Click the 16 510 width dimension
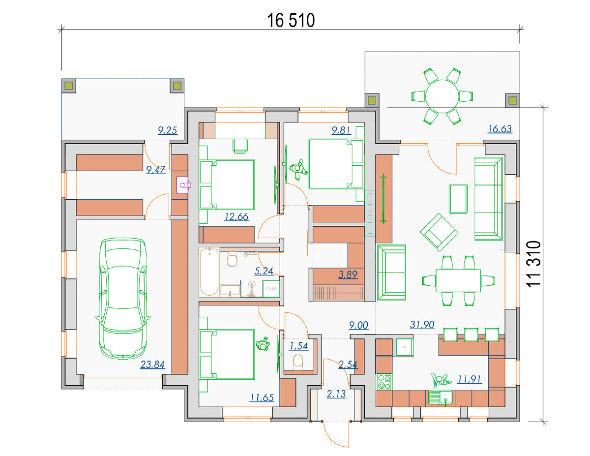(291, 20)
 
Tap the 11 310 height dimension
(533, 264)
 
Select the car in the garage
(123, 298)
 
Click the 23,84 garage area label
(152, 365)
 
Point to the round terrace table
(442, 96)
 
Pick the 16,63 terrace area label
(500, 129)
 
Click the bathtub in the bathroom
(209, 272)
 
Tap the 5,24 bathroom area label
(264, 271)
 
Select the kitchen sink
(441, 397)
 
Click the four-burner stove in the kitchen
(384, 382)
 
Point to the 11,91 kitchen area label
(470, 379)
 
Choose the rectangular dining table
(458, 280)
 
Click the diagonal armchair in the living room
(439, 232)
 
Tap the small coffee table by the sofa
(458, 199)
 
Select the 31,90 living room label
(422, 325)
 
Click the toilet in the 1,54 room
(298, 363)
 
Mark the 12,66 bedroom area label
(236, 217)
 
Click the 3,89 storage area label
(348, 274)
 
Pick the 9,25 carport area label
(168, 131)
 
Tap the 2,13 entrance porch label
(336, 394)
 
